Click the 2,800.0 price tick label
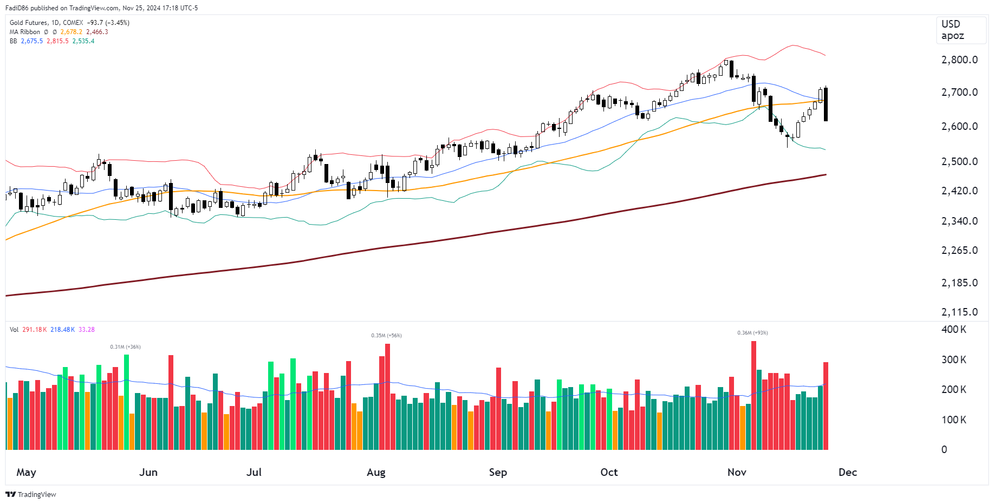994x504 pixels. pyautogui.click(x=959, y=60)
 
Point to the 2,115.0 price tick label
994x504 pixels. pyautogui.click(x=959, y=312)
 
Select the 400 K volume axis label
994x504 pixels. pyautogui.click(x=953, y=329)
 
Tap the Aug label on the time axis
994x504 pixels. pyautogui.click(x=376, y=472)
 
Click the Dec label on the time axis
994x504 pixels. pyautogui.click(x=847, y=472)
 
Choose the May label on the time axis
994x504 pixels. pyautogui.click(x=26, y=472)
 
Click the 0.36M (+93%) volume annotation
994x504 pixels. pyautogui.click(x=752, y=333)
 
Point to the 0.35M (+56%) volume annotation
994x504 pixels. pyautogui.click(x=386, y=336)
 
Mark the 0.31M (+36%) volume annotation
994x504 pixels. pyautogui.click(x=125, y=347)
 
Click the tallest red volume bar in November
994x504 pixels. pyautogui.click(x=753, y=395)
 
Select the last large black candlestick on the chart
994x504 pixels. pyautogui.click(x=826, y=104)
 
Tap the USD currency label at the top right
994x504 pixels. pyautogui.click(x=951, y=24)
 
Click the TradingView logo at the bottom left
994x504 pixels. pyautogui.click(x=31, y=494)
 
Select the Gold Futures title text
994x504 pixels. pyautogui.click(x=28, y=23)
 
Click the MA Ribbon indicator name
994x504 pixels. pyautogui.click(x=24, y=32)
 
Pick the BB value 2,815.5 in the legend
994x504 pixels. pyautogui.click(x=57, y=41)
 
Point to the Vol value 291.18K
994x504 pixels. pyautogui.click(x=34, y=330)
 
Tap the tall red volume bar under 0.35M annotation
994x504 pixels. pyautogui.click(x=387, y=396)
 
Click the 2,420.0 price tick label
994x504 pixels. pyautogui.click(x=959, y=191)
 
